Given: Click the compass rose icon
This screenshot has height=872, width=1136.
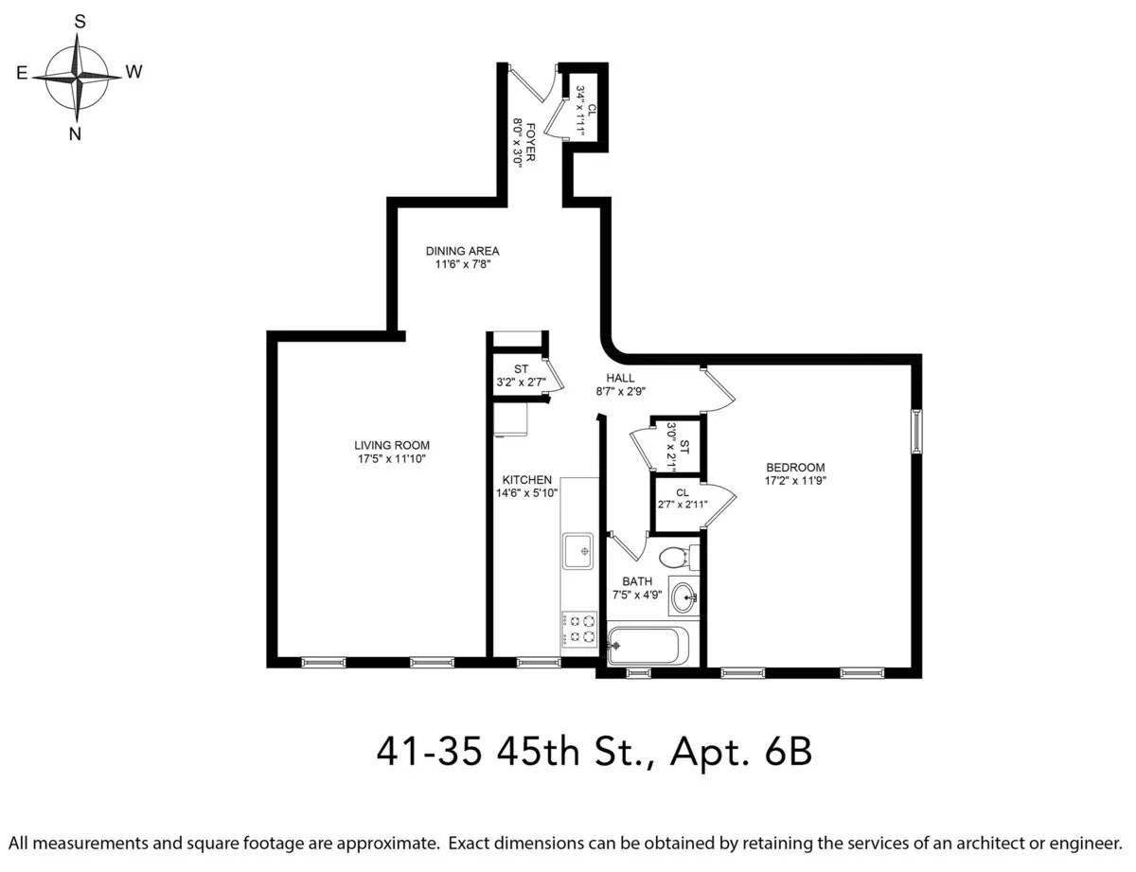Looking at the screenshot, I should coord(78,75).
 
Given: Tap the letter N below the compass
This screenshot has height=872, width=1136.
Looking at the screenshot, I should coord(76,133).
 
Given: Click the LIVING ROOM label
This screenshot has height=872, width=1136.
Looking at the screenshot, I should coord(392,445).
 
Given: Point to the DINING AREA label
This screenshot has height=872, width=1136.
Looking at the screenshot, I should coord(462,251).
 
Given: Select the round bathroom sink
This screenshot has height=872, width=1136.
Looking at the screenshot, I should coord(683,596).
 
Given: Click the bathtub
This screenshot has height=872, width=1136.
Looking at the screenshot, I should coord(650,646).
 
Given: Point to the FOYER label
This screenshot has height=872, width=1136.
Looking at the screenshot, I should coord(531,141).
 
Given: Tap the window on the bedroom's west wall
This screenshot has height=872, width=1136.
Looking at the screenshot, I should coord(915,431).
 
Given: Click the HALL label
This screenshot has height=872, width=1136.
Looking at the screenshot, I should coord(620,378).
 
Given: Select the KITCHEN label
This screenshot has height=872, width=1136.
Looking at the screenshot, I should coord(526,480).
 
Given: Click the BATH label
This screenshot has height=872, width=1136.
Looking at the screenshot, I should coord(637,581).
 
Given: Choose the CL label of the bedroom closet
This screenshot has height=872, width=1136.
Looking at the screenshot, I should coord(682,492).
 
